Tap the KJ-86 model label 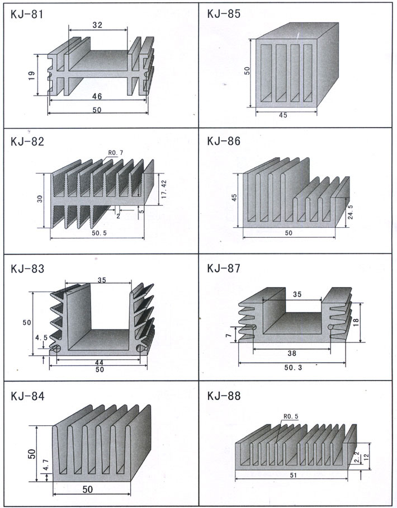click(x=224, y=141)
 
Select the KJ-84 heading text click(x=27, y=396)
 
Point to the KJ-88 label click(x=224, y=396)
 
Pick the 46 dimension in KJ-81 click(x=97, y=96)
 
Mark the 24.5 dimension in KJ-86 click(x=350, y=213)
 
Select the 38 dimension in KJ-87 click(x=290, y=353)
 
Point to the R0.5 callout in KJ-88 click(x=291, y=416)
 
